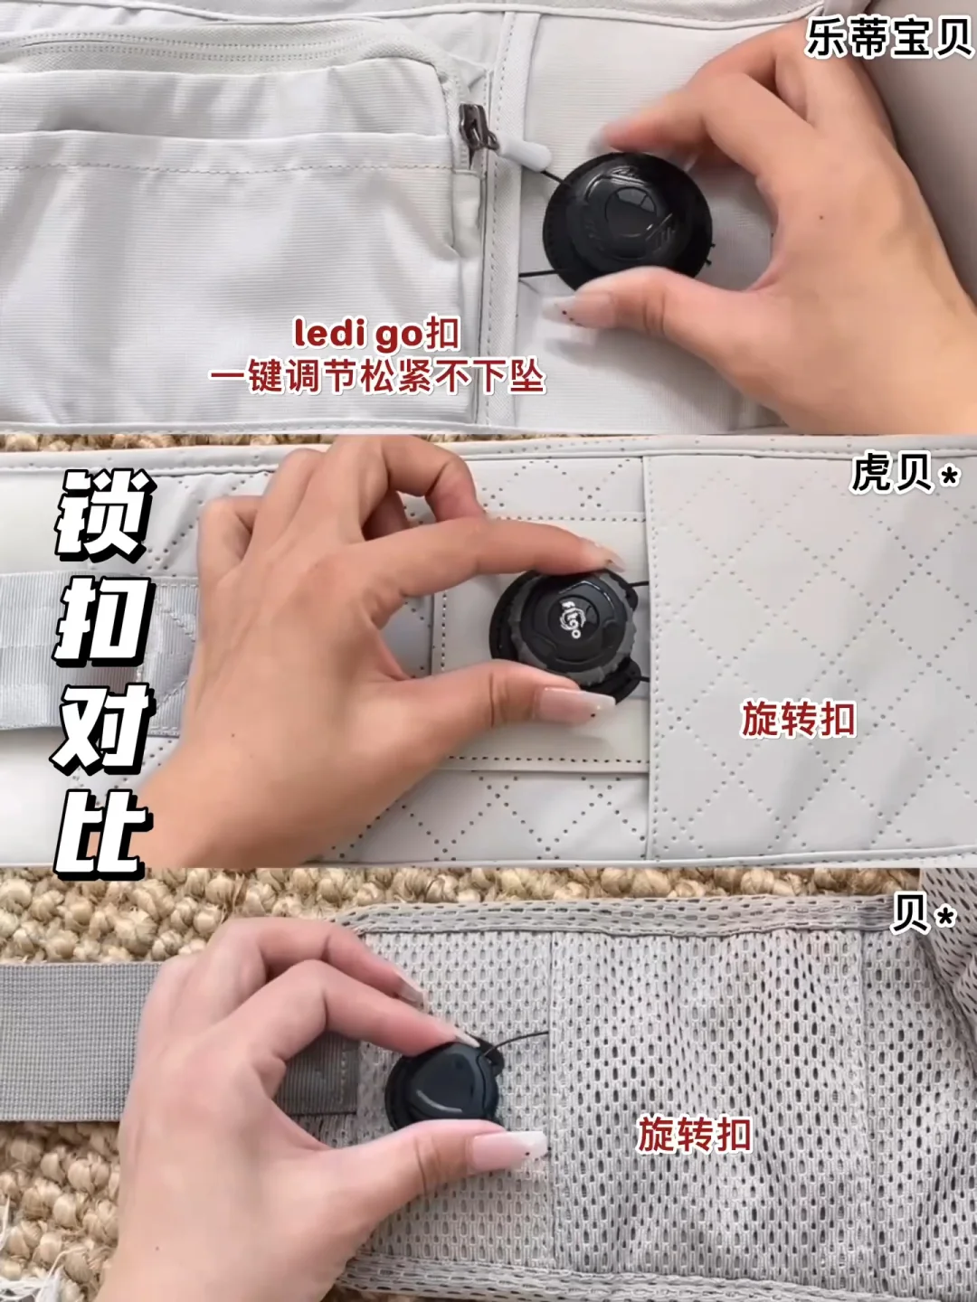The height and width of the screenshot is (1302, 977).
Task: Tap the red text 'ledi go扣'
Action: click(376, 335)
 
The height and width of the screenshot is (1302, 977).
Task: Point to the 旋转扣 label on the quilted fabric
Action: click(799, 720)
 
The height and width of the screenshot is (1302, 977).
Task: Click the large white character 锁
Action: click(102, 515)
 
